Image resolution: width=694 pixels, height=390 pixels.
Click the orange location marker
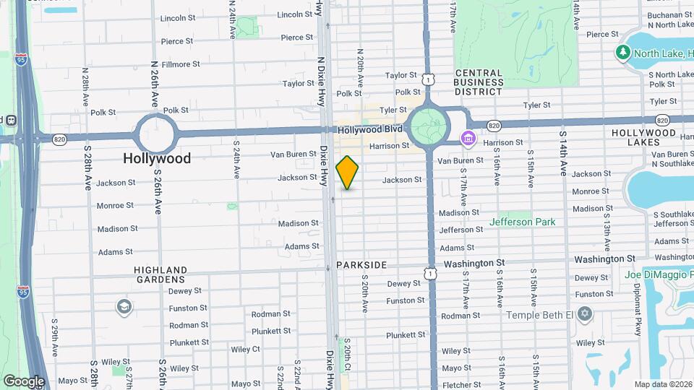coord(347,173)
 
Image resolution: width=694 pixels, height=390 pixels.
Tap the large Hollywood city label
coord(157,158)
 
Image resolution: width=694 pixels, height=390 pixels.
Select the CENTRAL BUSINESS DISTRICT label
coord(479,82)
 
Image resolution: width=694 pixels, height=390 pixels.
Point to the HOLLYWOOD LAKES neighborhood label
coord(645,138)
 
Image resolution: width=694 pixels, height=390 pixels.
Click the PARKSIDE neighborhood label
coord(361,266)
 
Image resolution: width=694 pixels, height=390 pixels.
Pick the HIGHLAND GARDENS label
coord(160,274)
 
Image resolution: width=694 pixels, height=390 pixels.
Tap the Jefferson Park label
coord(522,222)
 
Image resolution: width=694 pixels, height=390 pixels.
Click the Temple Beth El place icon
coord(585,315)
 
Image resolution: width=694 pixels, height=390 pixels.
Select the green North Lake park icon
coord(622,53)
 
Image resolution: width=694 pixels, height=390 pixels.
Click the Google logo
coord(24,381)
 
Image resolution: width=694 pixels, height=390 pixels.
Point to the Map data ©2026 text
coord(663,384)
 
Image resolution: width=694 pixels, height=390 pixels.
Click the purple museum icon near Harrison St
coord(468,137)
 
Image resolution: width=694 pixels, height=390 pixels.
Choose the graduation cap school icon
coord(124,307)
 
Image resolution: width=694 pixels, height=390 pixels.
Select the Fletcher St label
coord(461,385)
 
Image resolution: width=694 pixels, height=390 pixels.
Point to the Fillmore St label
coord(181,64)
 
